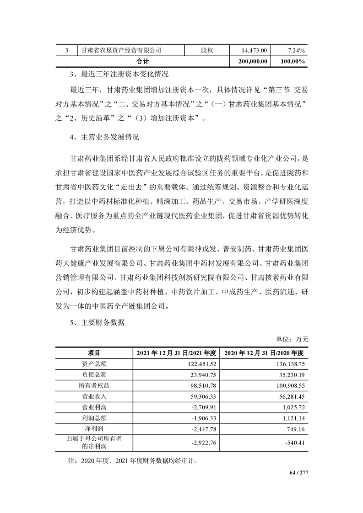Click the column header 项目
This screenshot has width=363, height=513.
(x=94, y=353)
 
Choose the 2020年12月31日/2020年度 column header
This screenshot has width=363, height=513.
(x=264, y=353)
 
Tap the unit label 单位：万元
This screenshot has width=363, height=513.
(x=292, y=339)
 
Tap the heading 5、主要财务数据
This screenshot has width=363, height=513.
(x=98, y=322)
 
